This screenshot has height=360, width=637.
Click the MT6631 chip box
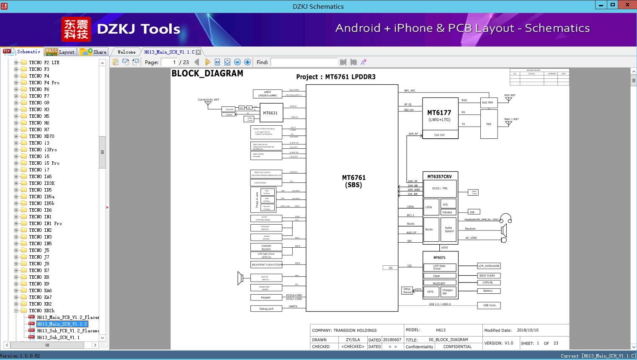pos(270,113)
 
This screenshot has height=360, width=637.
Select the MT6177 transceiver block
pos(440,115)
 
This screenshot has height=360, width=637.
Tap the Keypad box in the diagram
pos(266,298)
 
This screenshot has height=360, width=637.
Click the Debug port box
pos(266,308)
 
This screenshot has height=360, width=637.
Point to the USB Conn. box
pos(489,305)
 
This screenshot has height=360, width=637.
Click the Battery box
pos(488,290)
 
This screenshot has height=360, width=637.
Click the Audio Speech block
pos(449,230)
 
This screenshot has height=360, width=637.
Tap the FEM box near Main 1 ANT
pos(489,124)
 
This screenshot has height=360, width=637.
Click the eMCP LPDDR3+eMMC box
pos(267,94)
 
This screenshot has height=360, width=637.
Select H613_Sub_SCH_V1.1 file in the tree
pos(58,337)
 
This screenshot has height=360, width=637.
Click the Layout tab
pos(61,52)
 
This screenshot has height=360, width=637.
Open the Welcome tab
pos(126,52)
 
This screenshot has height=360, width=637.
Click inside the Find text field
pos(304,62)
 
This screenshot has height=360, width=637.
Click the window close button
pos(627,5)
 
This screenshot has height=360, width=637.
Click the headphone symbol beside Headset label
pos(506,218)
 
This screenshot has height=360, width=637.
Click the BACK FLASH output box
pos(489,275)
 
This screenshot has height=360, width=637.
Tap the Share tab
pos(93,52)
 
